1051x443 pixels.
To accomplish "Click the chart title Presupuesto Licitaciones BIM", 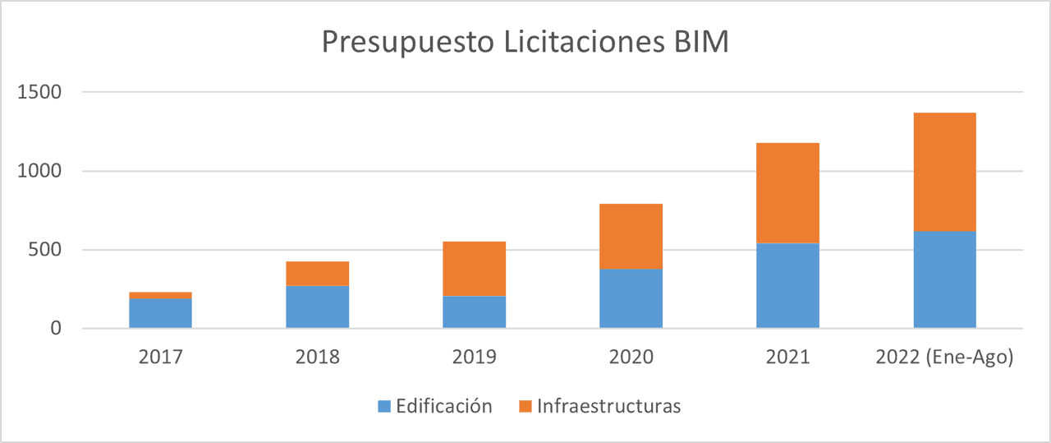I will coord(525,43).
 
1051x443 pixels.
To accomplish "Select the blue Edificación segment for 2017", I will coord(160,313).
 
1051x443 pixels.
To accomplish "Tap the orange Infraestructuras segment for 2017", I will coord(160,295).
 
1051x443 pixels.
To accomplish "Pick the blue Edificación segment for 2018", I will coord(317,307).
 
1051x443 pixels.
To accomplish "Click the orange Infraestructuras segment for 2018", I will coord(317,274).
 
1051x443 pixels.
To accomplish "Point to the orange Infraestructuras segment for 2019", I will coord(474,269).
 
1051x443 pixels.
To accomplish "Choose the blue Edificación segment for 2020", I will coord(631,298).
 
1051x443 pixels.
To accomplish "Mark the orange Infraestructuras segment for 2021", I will coord(787,193).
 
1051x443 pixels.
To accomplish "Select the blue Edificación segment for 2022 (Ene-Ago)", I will coord(944,279).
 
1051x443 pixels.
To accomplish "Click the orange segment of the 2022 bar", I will coord(944,172).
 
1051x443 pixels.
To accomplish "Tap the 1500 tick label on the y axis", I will coord(39,93).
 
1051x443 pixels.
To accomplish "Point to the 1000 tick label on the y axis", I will coord(39,171).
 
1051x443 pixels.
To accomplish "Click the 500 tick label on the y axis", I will coord(45,250).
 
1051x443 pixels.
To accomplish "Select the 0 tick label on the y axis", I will coord(56,329).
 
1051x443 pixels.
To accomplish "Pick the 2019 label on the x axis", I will coord(474,358).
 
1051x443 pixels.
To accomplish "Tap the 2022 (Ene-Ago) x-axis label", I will coord(944,358).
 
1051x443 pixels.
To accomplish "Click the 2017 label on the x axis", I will coord(160,358).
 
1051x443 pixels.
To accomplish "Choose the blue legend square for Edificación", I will coord(384,406).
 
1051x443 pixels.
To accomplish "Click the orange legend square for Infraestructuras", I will coord(525,406).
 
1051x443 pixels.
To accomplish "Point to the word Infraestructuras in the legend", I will coord(608,406).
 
